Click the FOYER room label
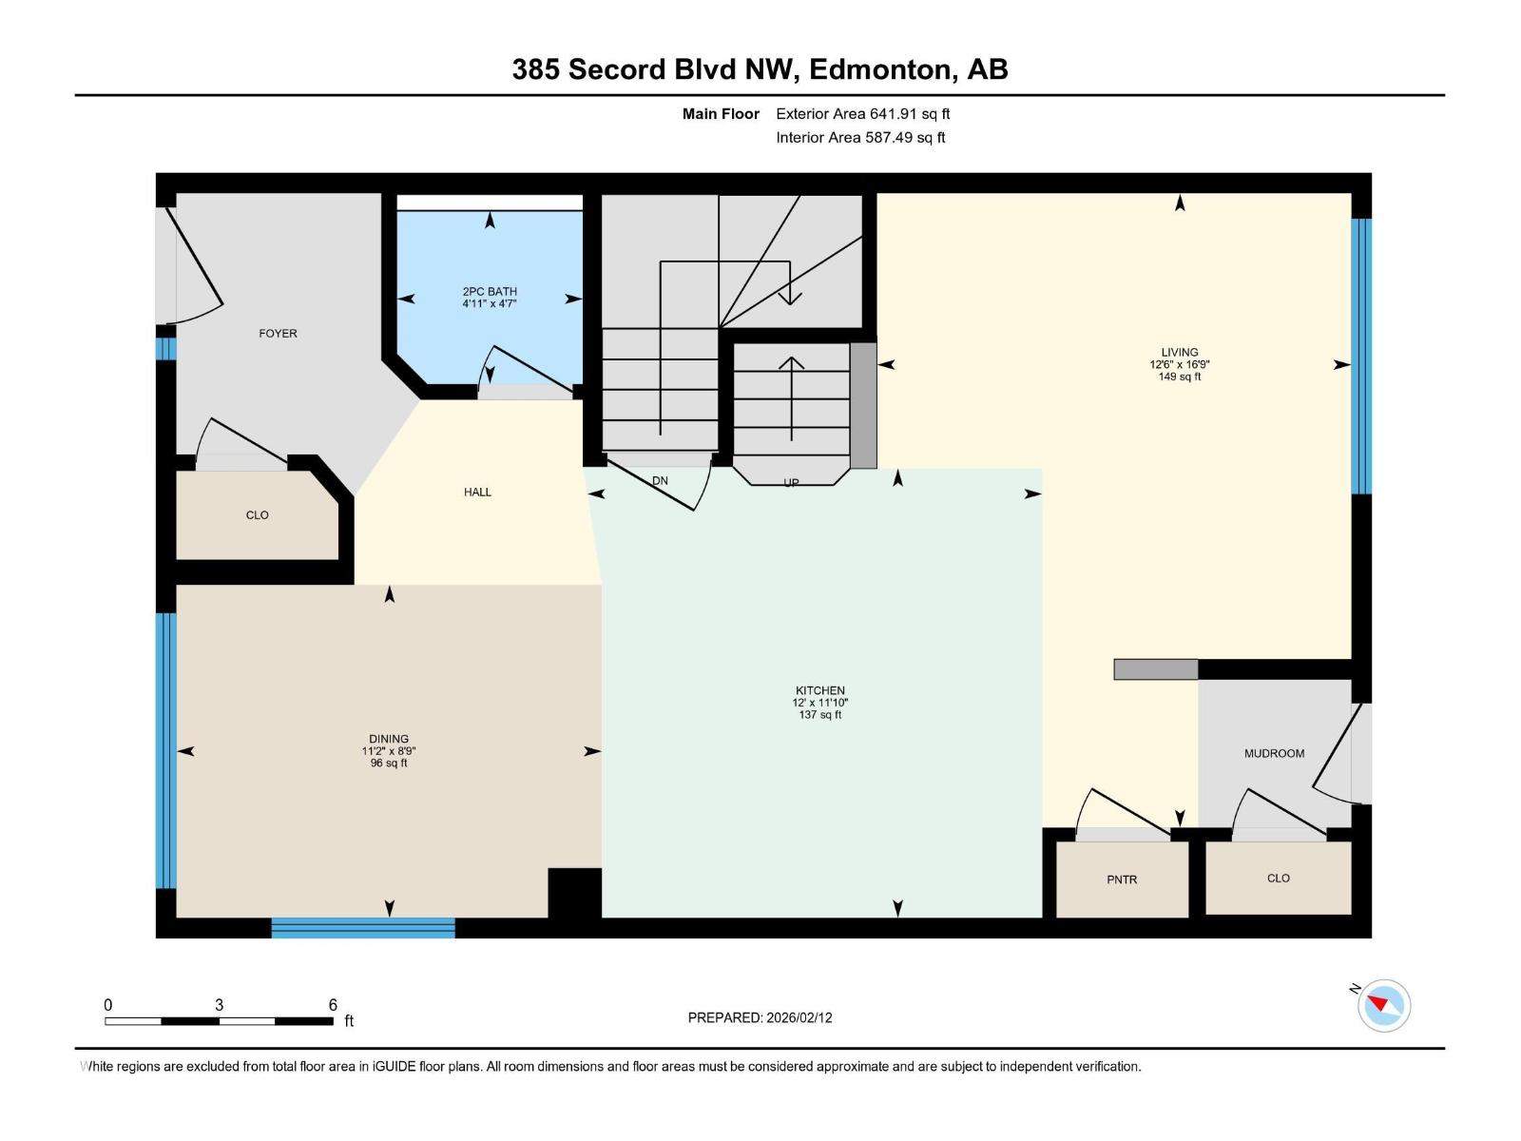[x=278, y=334]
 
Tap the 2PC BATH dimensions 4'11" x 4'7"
[x=490, y=304]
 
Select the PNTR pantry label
[x=1122, y=880]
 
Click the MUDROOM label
[x=1274, y=753]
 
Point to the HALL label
[x=477, y=492]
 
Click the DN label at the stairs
[x=660, y=480]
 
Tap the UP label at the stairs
[x=791, y=482]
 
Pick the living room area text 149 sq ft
[x=1179, y=377]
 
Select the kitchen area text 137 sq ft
[x=819, y=715]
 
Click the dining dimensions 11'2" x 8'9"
[x=389, y=751]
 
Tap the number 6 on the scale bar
[x=333, y=1004]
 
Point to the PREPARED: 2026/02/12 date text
[x=760, y=1017]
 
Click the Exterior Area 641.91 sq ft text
[x=862, y=114]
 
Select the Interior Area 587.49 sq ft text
[x=860, y=138]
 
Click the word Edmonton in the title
[x=881, y=69]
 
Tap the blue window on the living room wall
[x=1361, y=357]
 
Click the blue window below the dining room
[x=363, y=928]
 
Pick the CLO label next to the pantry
[x=1278, y=878]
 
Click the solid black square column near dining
[x=575, y=893]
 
